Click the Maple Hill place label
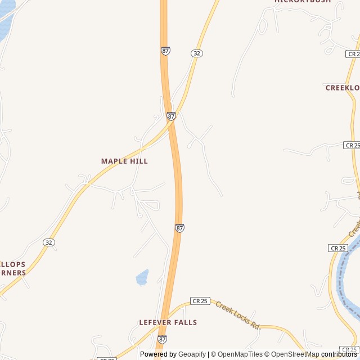click(x=124, y=161)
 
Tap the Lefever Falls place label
click(x=168, y=322)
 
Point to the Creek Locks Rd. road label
click(x=238, y=317)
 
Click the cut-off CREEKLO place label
click(x=342, y=88)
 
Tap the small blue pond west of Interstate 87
click(x=142, y=277)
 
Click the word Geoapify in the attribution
click(x=192, y=354)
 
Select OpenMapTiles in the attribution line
click(x=240, y=354)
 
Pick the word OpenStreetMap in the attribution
click(x=295, y=354)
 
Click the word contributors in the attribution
click(x=339, y=354)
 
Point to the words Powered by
click(x=158, y=354)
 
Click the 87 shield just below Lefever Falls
click(x=162, y=339)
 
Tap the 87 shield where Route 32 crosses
click(x=171, y=116)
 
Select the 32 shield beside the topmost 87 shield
click(x=196, y=53)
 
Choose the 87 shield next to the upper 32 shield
click(x=165, y=51)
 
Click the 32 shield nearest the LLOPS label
click(x=49, y=242)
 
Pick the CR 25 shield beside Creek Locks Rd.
click(x=200, y=301)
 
